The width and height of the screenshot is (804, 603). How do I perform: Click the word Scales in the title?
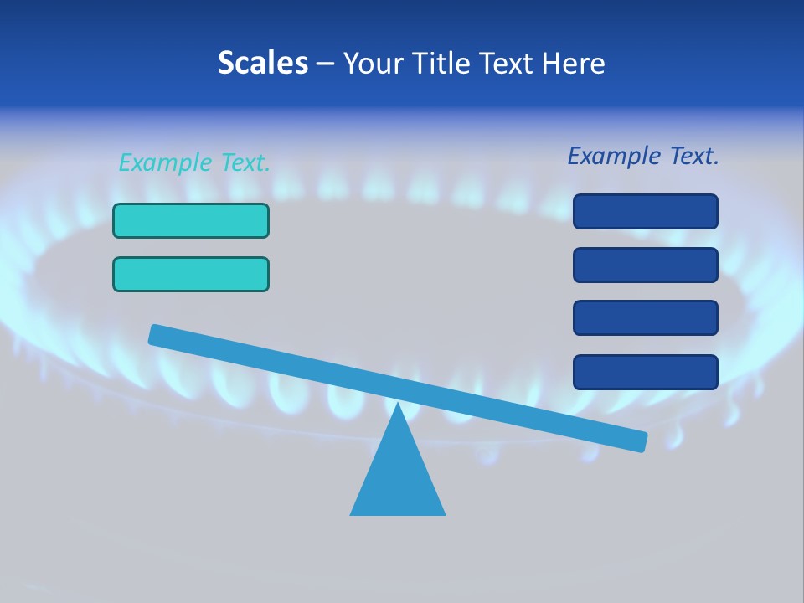coord(262,63)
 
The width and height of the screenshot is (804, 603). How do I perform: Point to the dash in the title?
coord(326,64)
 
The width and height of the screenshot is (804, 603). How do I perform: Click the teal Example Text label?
coord(194,162)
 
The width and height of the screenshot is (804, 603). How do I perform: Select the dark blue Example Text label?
coord(643,156)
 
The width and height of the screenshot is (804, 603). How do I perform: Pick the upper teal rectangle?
coord(191,220)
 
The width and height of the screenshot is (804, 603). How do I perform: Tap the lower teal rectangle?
coord(191,274)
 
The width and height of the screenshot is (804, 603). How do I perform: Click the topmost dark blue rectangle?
coord(646,211)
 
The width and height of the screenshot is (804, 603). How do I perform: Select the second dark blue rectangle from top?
coord(646,265)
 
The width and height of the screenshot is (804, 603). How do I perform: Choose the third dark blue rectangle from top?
coord(646,317)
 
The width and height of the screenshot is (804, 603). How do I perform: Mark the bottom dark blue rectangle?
coord(646,372)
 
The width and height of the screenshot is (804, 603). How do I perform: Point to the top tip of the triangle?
coord(398,405)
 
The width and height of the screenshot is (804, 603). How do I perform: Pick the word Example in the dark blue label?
coord(615,156)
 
